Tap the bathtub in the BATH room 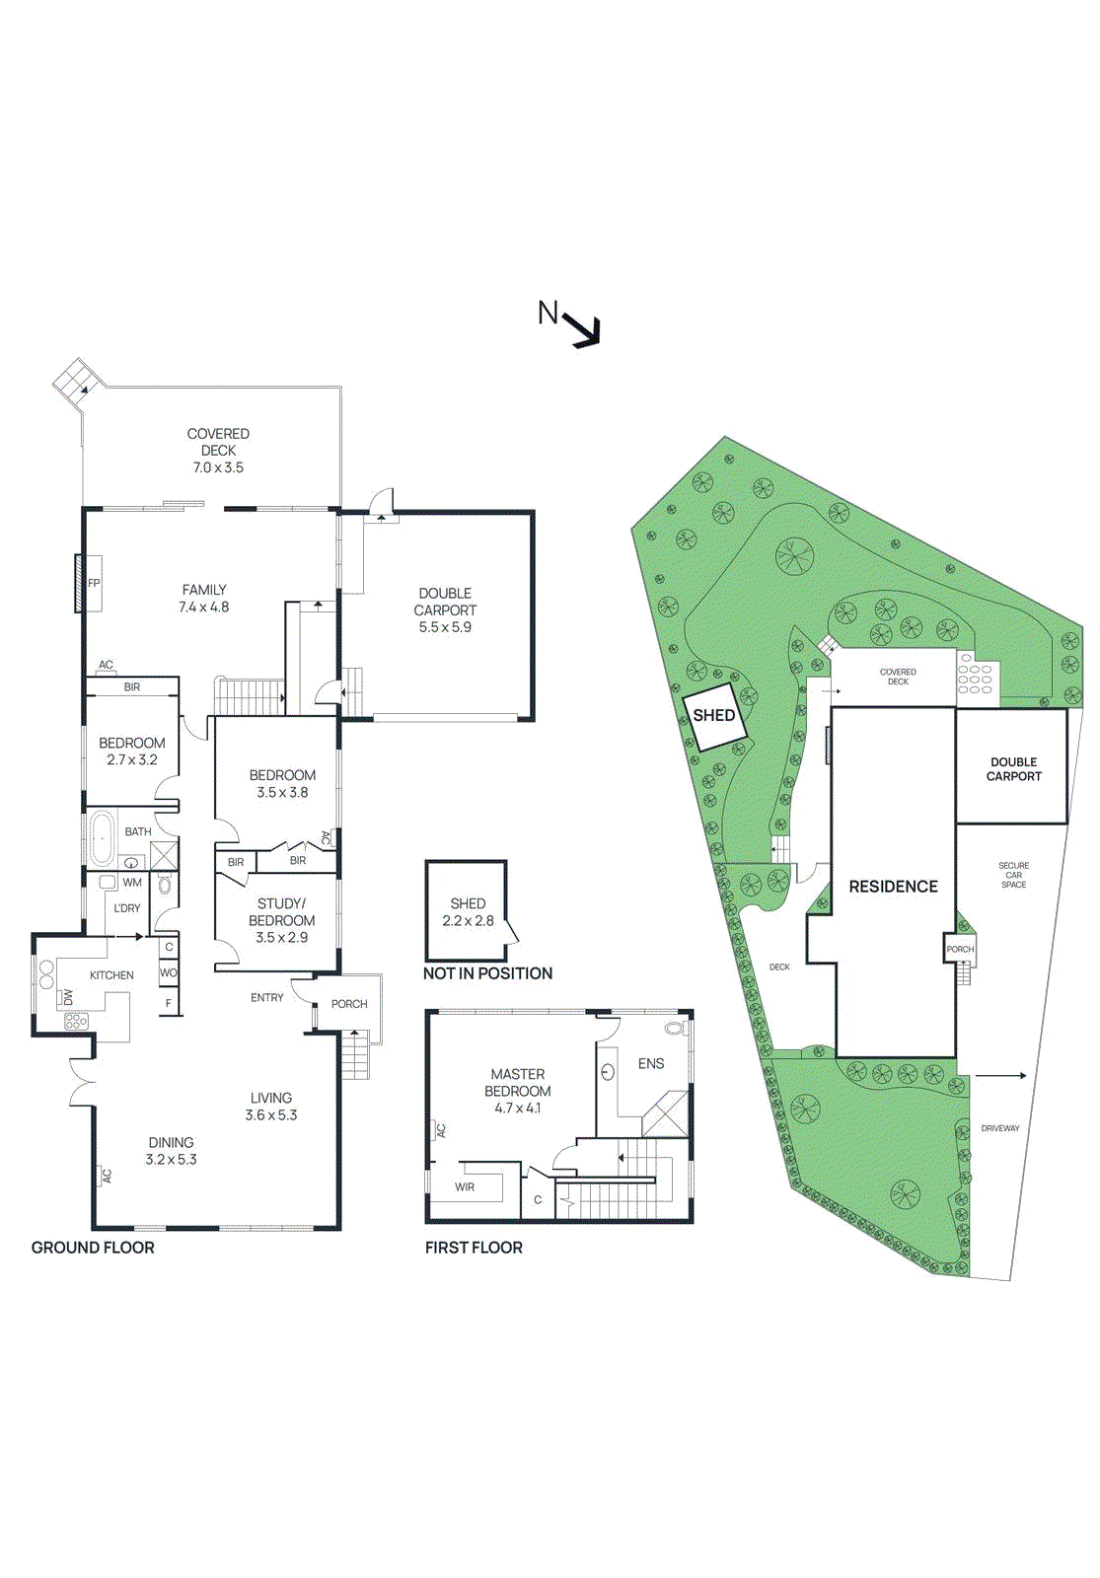coord(102,838)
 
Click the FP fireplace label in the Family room coord(94,583)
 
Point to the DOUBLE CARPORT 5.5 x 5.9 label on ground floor coord(445,610)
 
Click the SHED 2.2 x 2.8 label coord(468,911)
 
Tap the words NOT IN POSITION coord(487,973)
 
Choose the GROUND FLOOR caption coord(93,1248)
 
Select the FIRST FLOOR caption coord(474,1248)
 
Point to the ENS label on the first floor coord(651,1063)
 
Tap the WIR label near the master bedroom coord(465,1187)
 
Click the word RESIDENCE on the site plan coord(893,887)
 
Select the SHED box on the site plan coord(713,716)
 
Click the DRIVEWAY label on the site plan coord(1000,1128)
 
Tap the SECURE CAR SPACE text coord(1013,875)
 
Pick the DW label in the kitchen coord(68,997)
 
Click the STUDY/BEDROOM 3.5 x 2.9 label coord(282,920)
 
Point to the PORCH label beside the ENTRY coord(349,1004)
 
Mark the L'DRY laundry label coord(127,908)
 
